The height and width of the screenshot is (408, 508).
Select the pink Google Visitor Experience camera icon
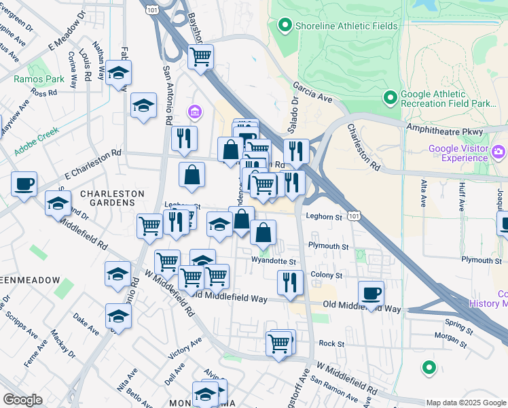point(499,151)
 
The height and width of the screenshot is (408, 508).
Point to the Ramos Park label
point(39,79)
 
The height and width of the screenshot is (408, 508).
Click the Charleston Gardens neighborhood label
point(112,194)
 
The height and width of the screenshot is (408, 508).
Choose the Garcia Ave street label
point(312,93)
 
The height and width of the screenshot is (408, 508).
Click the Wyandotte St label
point(274,261)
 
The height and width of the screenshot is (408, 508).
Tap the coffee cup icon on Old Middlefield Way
point(371,293)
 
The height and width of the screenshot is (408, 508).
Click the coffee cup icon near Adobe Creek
point(24,184)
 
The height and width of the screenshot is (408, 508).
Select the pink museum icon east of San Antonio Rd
point(194,112)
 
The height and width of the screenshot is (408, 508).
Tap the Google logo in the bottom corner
point(23,400)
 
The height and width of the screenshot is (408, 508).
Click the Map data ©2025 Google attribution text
point(465,403)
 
